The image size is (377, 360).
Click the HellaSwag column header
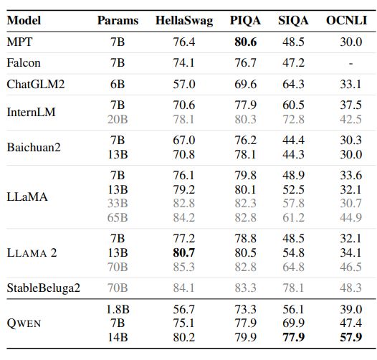[184, 21]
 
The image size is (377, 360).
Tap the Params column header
[118, 21]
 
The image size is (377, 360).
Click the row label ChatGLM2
[36, 85]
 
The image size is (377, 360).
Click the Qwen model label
[24, 323]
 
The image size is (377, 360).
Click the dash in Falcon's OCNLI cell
[350, 63]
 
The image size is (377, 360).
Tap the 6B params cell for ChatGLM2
[118, 85]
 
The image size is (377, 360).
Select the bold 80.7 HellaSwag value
[184, 252]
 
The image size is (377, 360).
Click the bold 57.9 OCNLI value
[350, 336]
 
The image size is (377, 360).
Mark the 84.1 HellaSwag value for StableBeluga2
[184, 288]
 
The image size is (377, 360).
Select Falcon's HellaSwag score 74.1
[184, 63]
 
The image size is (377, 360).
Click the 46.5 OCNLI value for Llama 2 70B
[350, 266]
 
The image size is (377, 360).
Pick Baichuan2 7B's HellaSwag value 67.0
[184, 140]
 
